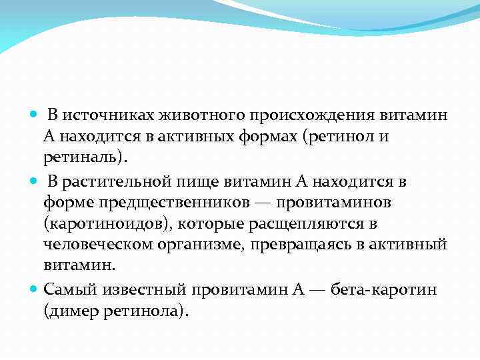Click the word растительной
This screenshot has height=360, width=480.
coord(113,181)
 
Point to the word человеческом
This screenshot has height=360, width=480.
coord(98,244)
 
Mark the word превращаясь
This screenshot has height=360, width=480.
coord(300,244)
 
